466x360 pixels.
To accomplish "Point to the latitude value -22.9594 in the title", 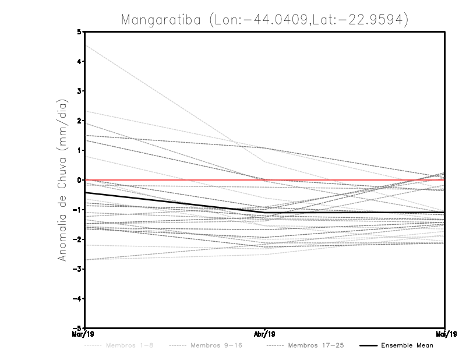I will [373, 20].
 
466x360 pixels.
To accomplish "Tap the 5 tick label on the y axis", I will [79, 31].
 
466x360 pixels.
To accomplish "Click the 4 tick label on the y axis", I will [79, 61].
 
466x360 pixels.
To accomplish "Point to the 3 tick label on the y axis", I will [79, 91].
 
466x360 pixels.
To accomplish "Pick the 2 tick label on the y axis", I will [79, 121].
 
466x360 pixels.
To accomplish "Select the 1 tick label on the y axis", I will [79, 150].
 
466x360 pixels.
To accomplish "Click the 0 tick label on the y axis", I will [79, 180].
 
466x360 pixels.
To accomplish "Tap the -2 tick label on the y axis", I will [77, 239].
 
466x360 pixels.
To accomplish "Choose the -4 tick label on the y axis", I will [77, 298].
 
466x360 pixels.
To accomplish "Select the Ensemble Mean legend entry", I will [407, 345].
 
